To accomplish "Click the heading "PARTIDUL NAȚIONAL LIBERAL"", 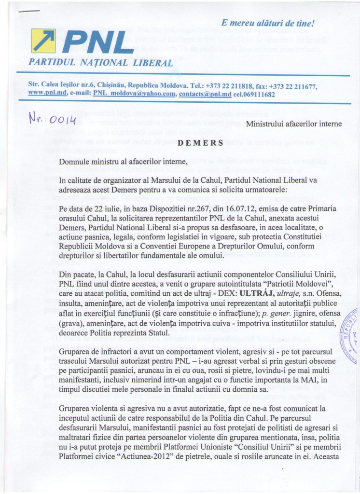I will pos(101,63).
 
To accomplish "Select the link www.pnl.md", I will pos(45,94).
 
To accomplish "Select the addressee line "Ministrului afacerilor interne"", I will pos(294,124).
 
